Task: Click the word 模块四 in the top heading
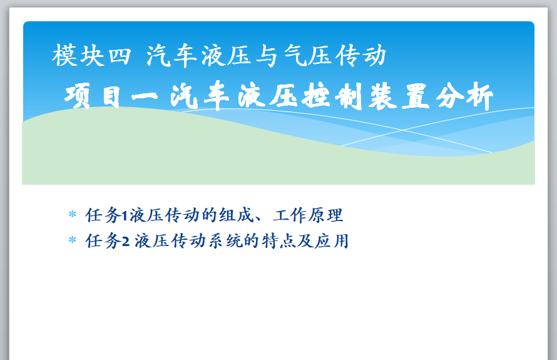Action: pos(91,56)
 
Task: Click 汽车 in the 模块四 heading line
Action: pos(172,56)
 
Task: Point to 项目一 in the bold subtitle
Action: pos(111,96)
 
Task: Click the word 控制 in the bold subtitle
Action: pos(332,96)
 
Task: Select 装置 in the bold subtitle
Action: pos(399,96)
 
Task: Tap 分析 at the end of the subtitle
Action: pos(464,96)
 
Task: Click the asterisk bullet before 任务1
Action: pos(72,214)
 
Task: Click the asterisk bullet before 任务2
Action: pos(72,240)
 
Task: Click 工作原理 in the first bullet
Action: pos(308,215)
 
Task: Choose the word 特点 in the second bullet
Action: pos(279,241)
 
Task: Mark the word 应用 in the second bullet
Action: pos(332,241)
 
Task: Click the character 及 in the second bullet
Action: pos(305,241)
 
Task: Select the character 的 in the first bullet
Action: pos(209,215)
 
